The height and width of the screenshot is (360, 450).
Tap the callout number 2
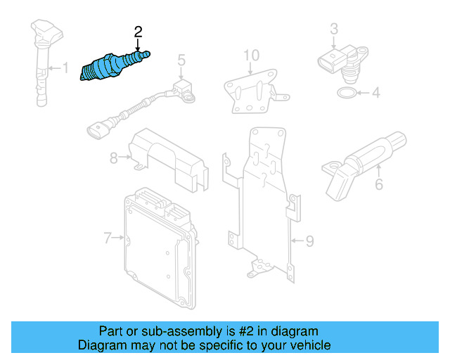coord(138,31)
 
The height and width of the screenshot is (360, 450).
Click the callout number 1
coord(65,68)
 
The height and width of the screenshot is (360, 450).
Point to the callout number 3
coord(334,28)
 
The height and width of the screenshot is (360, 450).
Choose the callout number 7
coord(108,238)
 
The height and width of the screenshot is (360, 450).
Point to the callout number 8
coord(114,158)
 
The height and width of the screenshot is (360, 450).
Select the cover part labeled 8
coord(169,158)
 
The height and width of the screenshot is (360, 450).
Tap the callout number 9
coord(309,241)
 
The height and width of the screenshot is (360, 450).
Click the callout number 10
coord(251,55)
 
